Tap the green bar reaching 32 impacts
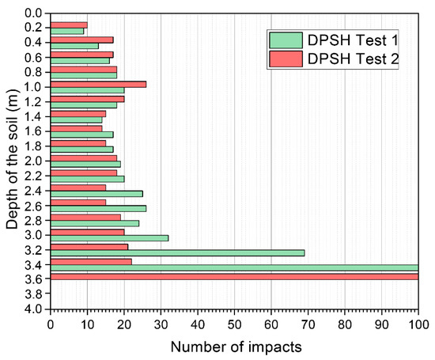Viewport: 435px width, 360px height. point(109,238)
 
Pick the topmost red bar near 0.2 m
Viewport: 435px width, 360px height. point(69,25)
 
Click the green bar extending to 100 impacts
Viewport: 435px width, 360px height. point(234,268)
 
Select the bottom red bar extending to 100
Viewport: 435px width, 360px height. point(234,276)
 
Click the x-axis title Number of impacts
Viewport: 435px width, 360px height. point(234,347)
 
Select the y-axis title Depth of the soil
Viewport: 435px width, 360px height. point(12,162)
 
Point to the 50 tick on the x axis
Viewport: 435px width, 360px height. point(235,324)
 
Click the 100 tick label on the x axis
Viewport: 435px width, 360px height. point(418,324)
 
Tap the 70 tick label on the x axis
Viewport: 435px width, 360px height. point(308,324)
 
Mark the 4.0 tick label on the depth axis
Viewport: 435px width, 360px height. point(34,309)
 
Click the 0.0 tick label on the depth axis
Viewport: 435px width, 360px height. point(34,13)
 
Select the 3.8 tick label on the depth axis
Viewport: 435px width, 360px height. point(34,294)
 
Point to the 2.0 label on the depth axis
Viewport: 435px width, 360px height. point(34,161)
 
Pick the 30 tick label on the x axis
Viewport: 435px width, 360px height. point(161,324)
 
